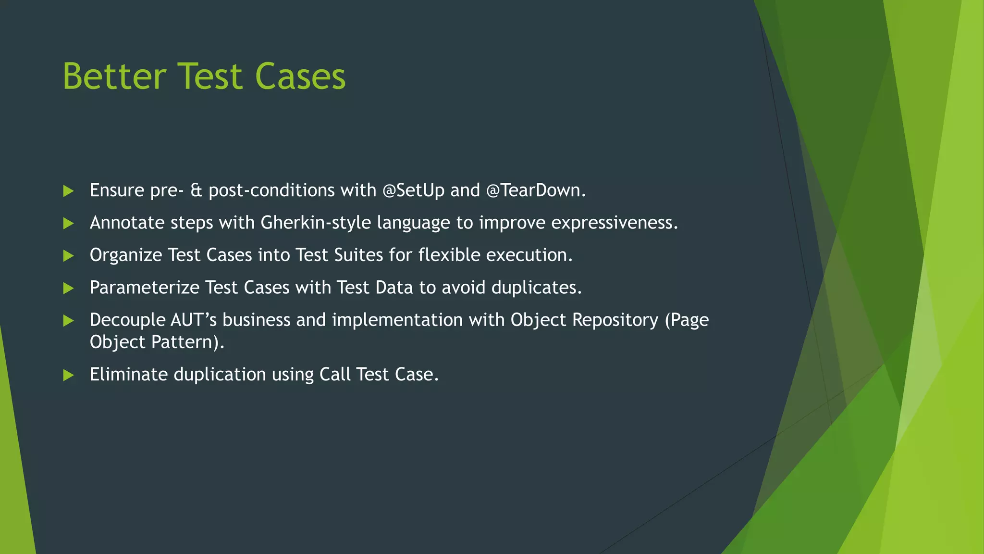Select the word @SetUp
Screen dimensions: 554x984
(413, 190)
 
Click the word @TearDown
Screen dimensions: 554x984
(536, 190)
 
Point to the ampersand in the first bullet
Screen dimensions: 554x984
(196, 190)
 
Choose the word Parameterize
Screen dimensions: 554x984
(144, 288)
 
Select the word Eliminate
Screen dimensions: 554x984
(129, 374)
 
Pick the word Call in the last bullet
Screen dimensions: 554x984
(335, 374)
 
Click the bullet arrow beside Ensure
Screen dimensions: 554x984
(68, 191)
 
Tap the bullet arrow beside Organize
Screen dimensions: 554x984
(68, 255)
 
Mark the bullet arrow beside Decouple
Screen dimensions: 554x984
(68, 320)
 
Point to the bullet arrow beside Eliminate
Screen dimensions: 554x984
(68, 375)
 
